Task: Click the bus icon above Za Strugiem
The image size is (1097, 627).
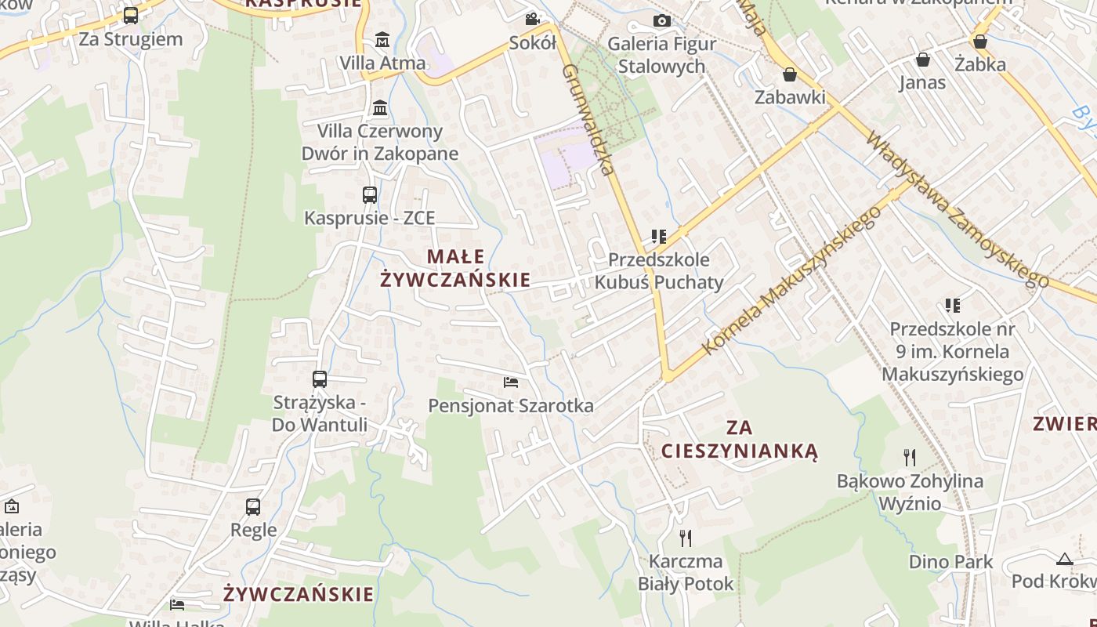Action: [131, 15]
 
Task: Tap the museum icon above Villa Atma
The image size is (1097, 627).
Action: [382, 39]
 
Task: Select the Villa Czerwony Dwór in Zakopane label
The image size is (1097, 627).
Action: [380, 142]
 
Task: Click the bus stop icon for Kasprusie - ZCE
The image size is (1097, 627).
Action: [369, 195]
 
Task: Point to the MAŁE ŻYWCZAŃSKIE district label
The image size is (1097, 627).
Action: [455, 268]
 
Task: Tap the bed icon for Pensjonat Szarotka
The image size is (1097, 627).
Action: [511, 382]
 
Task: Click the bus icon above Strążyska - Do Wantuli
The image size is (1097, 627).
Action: [320, 379]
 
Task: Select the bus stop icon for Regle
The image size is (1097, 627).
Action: [253, 507]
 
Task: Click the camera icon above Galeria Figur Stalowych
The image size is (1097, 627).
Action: [662, 20]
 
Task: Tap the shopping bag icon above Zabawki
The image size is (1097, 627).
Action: [790, 74]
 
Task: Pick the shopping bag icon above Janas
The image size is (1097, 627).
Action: [923, 60]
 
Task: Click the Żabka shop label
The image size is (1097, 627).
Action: [979, 64]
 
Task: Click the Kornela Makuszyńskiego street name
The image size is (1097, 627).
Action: [791, 284]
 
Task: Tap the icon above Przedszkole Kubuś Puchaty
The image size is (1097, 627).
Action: [658, 236]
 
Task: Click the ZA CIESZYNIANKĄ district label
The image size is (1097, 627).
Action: [740, 440]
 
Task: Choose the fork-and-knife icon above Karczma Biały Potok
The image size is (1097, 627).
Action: [686, 538]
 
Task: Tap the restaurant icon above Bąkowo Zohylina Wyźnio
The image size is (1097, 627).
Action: [910, 457]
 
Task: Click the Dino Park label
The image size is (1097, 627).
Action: [950, 562]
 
